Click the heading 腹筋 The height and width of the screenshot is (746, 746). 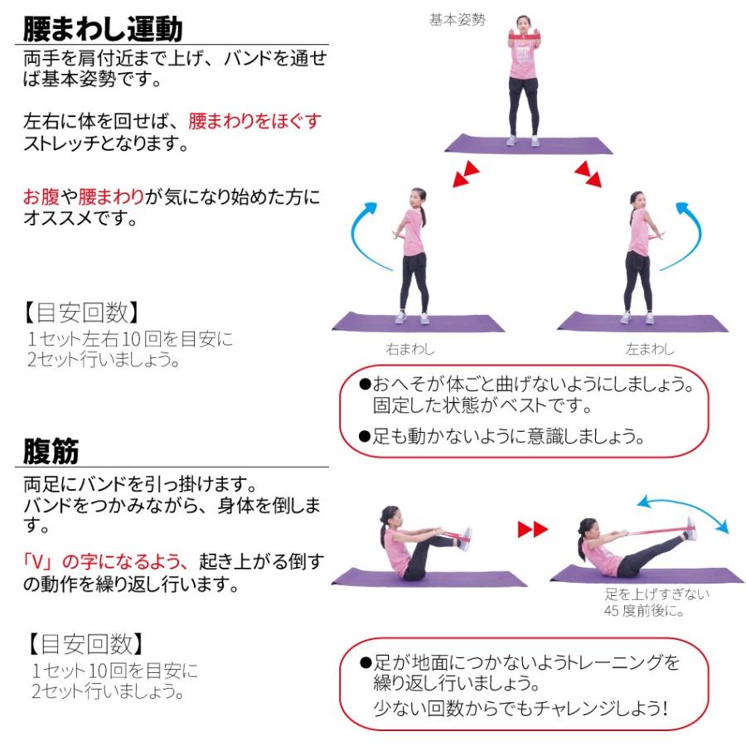pos(51,452)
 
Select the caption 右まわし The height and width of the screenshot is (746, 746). pos(409,349)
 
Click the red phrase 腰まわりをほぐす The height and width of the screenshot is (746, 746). pos(254,121)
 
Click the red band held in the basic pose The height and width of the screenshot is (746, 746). pos(524,38)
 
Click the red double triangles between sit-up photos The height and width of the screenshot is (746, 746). pos(532,530)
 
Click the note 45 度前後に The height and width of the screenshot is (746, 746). pos(642,611)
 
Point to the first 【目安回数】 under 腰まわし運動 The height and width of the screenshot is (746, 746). pos(78,312)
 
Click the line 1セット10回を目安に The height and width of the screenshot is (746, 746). pos(115,670)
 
